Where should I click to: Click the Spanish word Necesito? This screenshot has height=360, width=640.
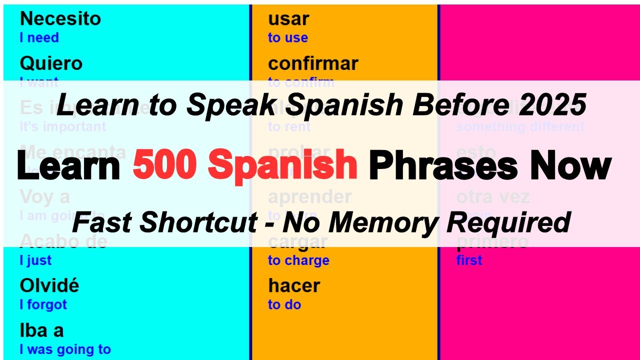pyautogui.click(x=60, y=19)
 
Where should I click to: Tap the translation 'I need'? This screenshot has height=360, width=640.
pyautogui.click(x=39, y=37)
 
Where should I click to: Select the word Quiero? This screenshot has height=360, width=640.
pyautogui.click(x=51, y=64)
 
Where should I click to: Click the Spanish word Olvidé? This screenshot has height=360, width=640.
pyautogui.click(x=49, y=286)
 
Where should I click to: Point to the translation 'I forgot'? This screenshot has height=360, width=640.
pyautogui.click(x=43, y=304)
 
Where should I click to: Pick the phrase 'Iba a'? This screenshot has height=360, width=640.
pyautogui.click(x=41, y=330)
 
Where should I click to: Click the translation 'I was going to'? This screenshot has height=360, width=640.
pyautogui.click(x=65, y=349)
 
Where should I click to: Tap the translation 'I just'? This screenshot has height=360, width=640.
pyautogui.click(x=35, y=260)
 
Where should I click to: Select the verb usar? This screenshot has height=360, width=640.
pyautogui.click(x=288, y=19)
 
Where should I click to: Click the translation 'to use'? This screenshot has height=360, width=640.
pyautogui.click(x=287, y=37)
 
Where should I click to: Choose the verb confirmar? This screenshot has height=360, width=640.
pyautogui.click(x=313, y=64)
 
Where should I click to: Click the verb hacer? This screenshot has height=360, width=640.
pyautogui.click(x=294, y=286)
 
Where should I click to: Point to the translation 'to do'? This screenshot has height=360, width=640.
pyautogui.click(x=284, y=304)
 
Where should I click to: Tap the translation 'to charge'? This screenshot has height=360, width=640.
pyautogui.click(x=298, y=260)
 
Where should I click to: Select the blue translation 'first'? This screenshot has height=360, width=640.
pyautogui.click(x=469, y=260)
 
